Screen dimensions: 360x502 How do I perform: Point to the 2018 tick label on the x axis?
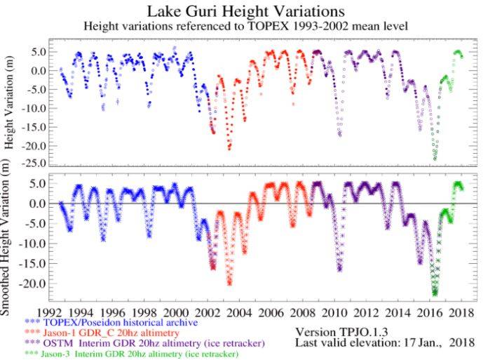(x=461, y=312)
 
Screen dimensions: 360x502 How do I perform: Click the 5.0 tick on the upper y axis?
(x=38, y=52)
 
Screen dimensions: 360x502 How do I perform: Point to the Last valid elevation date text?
(x=385, y=342)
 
